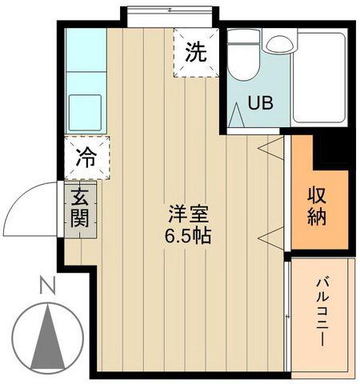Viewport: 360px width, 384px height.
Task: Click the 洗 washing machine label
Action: point(196,52)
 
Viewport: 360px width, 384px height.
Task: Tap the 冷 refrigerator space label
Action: point(86,158)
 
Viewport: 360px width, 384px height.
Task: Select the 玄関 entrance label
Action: point(80,208)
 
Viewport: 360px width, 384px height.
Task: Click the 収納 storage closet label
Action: point(317,206)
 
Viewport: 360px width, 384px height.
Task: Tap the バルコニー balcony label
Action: point(322,312)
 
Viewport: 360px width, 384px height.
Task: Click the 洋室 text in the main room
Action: point(188,214)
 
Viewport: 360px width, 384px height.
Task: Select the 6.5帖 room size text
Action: point(188,235)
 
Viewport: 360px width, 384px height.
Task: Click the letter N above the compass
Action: point(47,286)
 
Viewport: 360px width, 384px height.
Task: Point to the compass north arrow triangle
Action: point(48,337)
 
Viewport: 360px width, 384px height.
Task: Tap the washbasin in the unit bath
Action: point(278,43)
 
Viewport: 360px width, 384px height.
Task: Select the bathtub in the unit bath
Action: point(320,78)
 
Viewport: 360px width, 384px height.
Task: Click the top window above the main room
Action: point(170,17)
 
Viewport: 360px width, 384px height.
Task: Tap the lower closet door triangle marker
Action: point(271,238)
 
